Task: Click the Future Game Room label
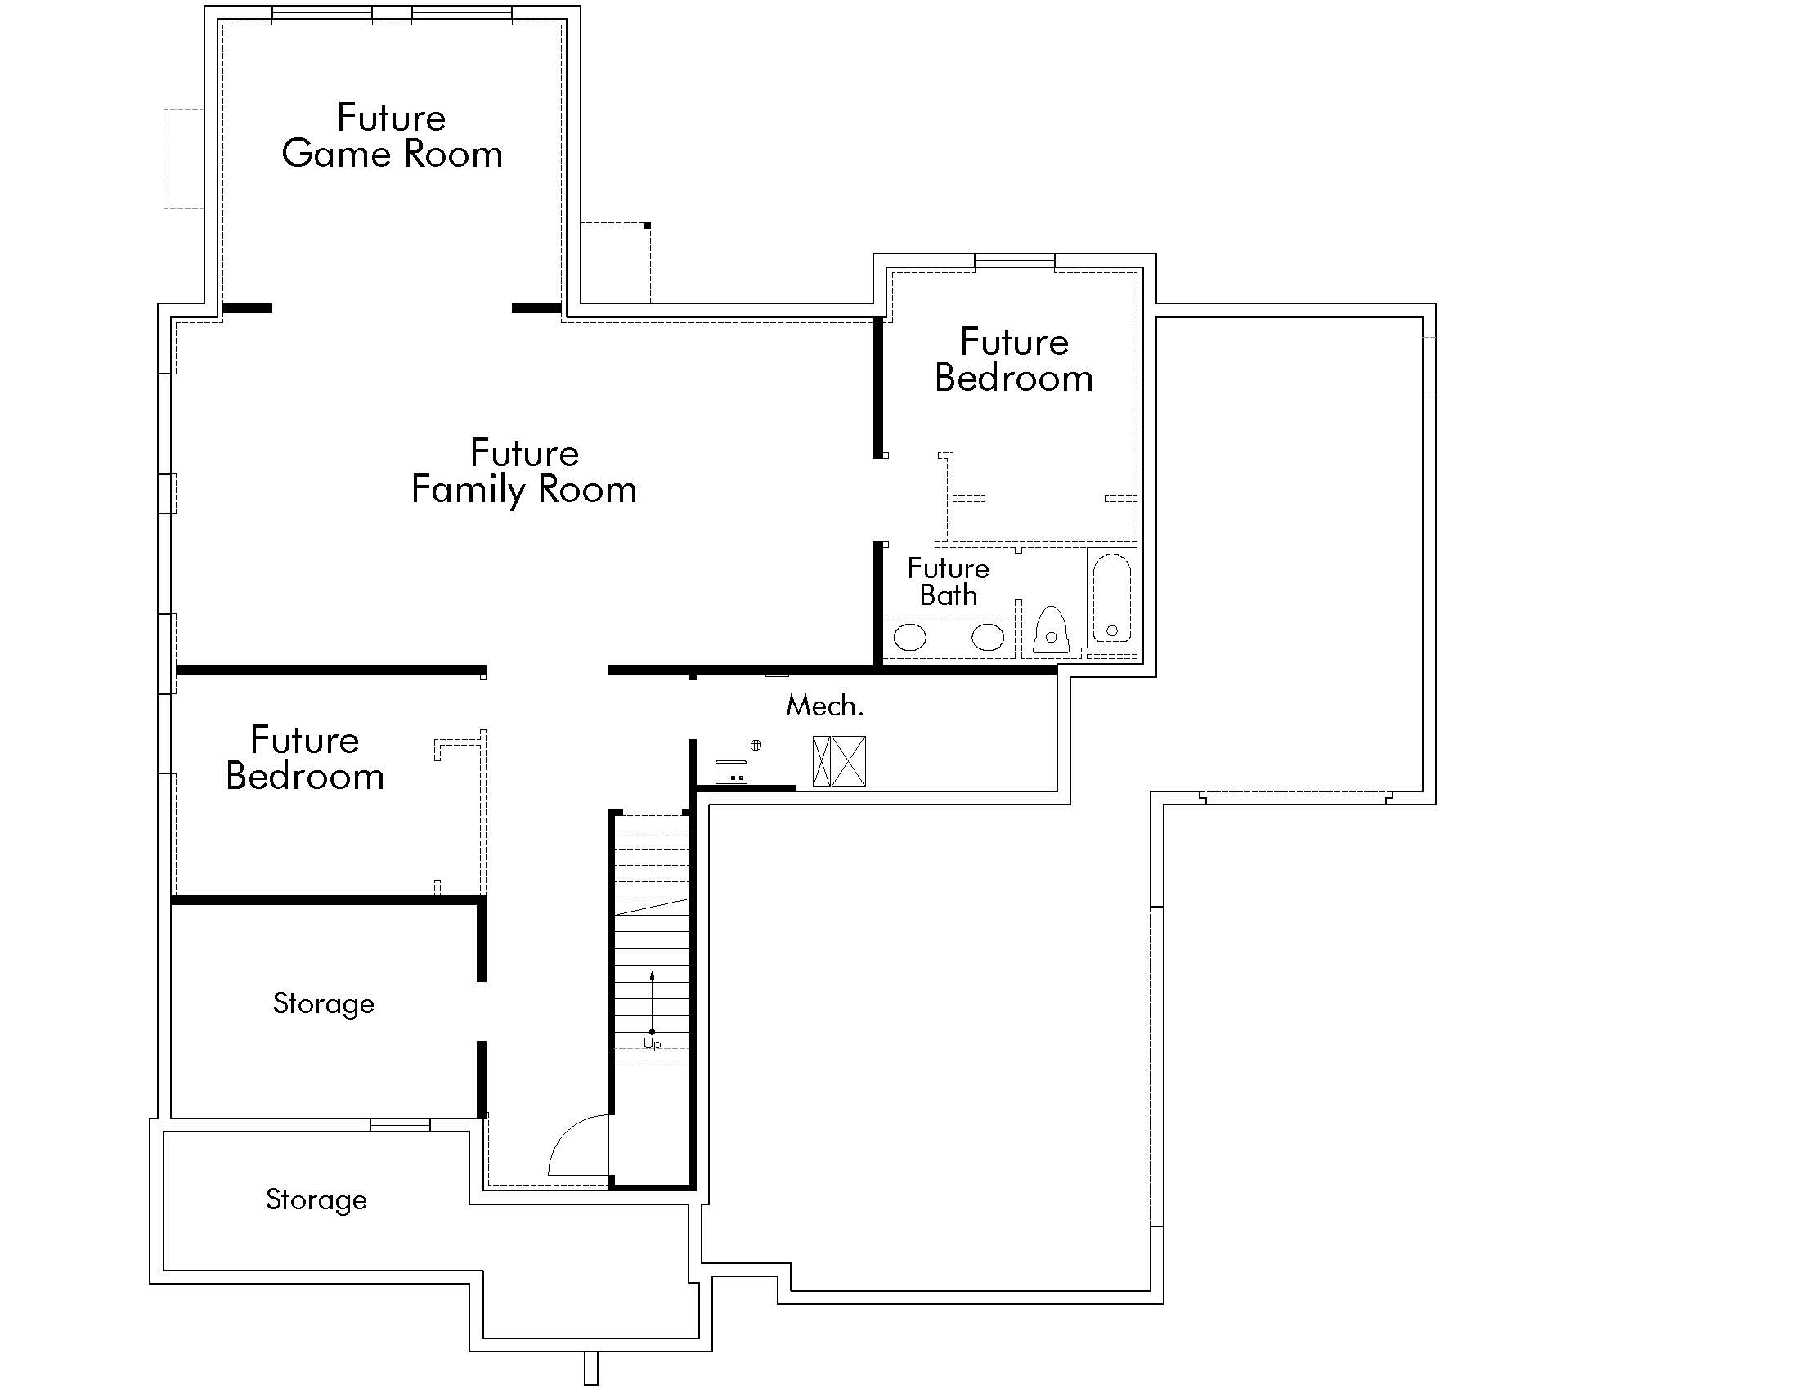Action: (392, 136)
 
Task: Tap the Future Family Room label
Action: (524, 471)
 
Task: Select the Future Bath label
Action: (948, 581)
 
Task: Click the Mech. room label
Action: (824, 706)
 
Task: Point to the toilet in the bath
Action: (1050, 631)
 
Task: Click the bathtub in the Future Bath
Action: (1111, 599)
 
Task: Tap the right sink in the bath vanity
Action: (987, 636)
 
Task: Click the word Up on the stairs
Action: (652, 1044)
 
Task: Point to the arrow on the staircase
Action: (653, 1002)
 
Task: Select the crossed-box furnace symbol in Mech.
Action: (839, 761)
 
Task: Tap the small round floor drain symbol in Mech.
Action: (756, 745)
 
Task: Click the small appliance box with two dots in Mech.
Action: (730, 773)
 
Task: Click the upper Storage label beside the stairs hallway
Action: (324, 1004)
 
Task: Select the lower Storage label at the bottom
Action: (316, 1199)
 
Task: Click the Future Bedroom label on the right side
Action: (1014, 360)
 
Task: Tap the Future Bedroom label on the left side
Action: (305, 759)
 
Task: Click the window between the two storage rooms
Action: (400, 1125)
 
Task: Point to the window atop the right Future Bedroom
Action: (1014, 262)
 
